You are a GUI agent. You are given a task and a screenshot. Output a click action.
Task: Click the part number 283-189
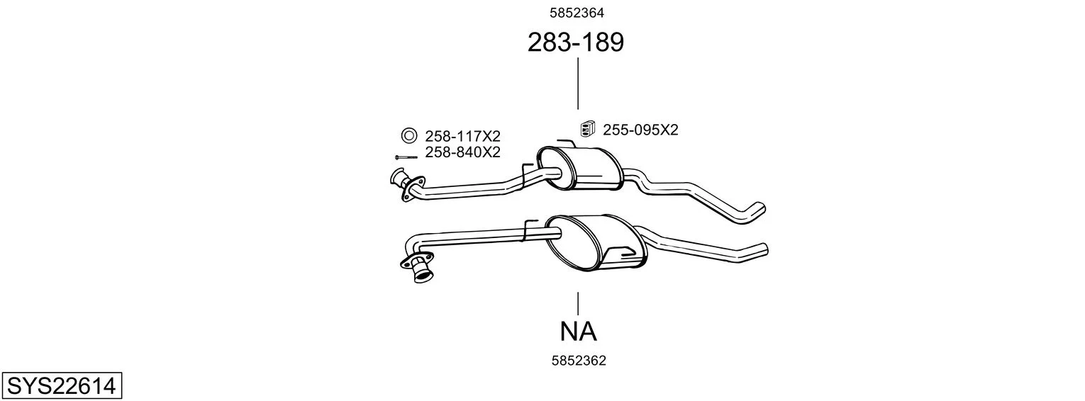(x=575, y=42)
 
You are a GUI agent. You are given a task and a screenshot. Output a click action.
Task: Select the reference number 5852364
(x=577, y=13)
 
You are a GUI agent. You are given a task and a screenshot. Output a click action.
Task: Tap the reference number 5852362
(x=579, y=361)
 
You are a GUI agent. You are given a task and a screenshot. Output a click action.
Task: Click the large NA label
(x=579, y=332)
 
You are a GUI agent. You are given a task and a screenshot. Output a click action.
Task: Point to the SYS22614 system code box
(x=62, y=385)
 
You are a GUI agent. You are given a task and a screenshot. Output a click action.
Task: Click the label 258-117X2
(x=462, y=136)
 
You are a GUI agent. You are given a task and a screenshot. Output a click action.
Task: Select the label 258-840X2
(x=462, y=152)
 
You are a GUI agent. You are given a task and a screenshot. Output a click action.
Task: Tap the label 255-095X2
(x=640, y=130)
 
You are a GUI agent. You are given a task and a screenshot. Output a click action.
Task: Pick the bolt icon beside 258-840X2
(x=406, y=157)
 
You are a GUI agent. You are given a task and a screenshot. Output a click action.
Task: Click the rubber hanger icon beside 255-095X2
(x=588, y=129)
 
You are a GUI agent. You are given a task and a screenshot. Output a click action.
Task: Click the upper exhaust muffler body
(x=579, y=168)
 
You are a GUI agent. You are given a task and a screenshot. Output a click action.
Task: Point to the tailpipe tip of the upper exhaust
(x=758, y=211)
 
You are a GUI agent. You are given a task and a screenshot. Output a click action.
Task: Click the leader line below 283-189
(x=578, y=84)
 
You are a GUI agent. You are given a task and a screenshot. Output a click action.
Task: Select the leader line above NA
(x=578, y=304)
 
